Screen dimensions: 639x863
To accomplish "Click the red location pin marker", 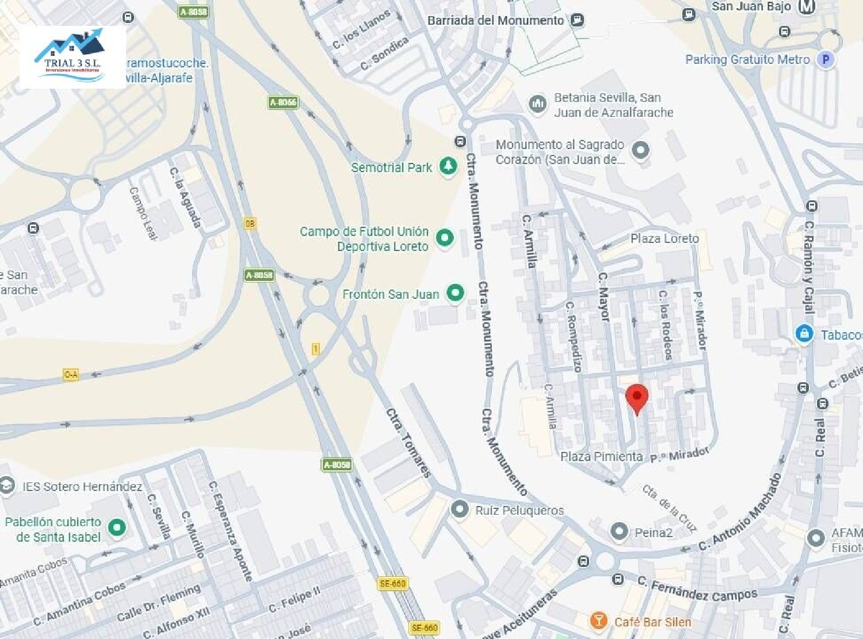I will pyautogui.click(x=637, y=397).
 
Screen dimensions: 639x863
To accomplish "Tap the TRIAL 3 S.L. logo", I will pyautogui.click(x=72, y=56).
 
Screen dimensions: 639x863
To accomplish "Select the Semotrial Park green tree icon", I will pyautogui.click(x=448, y=166).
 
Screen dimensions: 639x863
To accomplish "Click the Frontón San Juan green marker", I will pyautogui.click(x=455, y=293).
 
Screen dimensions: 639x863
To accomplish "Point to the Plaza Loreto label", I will pyautogui.click(x=665, y=238).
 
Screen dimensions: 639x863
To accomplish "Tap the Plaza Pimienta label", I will pyautogui.click(x=601, y=457).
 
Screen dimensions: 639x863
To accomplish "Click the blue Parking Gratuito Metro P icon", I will pyautogui.click(x=826, y=59).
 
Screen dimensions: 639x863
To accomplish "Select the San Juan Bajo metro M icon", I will pyautogui.click(x=808, y=7).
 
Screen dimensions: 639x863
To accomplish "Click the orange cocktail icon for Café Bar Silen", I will pyautogui.click(x=598, y=621).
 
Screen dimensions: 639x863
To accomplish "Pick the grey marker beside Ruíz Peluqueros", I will pyautogui.click(x=459, y=509).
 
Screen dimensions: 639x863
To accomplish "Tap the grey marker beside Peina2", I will pyautogui.click(x=618, y=531).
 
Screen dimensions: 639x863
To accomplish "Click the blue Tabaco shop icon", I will pyautogui.click(x=804, y=334).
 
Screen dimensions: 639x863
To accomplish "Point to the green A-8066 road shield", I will pyautogui.click(x=283, y=102).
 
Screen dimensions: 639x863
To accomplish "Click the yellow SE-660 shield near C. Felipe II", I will pyautogui.click(x=393, y=584).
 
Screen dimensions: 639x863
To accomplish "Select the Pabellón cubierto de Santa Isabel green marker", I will pyautogui.click(x=117, y=527).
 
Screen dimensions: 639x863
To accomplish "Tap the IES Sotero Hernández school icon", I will pyautogui.click(x=7, y=485).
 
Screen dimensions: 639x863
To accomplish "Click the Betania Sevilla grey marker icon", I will pyautogui.click(x=537, y=104).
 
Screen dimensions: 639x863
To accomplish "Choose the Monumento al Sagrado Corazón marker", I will pyautogui.click(x=640, y=150).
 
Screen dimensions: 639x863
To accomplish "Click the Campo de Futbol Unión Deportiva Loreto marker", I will pyautogui.click(x=444, y=238).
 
